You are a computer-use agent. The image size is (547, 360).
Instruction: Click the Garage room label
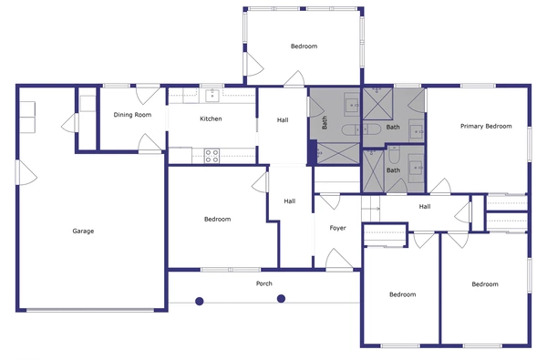[x=83, y=231]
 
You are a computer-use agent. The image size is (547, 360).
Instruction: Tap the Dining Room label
[x=131, y=115]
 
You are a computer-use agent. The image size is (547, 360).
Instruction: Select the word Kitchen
[x=211, y=119]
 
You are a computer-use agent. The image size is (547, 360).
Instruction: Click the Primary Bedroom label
[x=485, y=126]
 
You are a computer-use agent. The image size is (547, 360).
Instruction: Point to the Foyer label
[x=338, y=227]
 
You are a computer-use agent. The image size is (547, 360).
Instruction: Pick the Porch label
[x=264, y=283]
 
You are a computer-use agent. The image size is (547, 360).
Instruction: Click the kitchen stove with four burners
[x=212, y=157]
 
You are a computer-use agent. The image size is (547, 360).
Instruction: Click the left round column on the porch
[x=199, y=299]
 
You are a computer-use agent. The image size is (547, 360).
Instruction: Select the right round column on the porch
[x=281, y=298]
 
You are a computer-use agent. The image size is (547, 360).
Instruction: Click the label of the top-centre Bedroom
[x=304, y=46]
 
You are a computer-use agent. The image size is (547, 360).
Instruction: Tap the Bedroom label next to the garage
[x=217, y=219]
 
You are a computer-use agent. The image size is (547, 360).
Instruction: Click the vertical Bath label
[x=324, y=121]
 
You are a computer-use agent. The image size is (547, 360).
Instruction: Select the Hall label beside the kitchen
[x=283, y=119]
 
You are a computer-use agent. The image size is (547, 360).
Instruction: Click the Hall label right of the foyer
[x=424, y=207]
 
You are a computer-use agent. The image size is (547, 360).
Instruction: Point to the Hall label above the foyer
[x=289, y=201]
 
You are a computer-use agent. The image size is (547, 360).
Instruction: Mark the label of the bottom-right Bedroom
[x=485, y=284]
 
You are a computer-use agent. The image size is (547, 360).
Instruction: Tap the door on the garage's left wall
[x=23, y=170]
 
